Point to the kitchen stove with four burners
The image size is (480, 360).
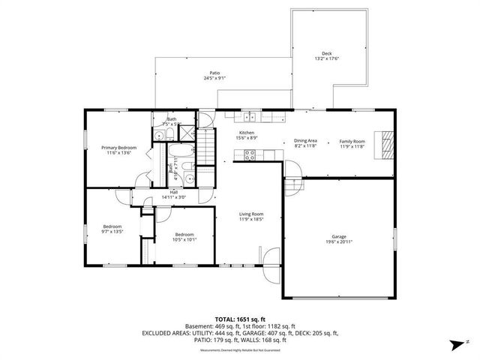[250, 154]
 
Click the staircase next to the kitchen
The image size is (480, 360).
[207, 145]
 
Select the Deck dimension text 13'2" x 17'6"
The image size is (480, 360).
[326, 60]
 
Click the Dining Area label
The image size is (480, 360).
[305, 140]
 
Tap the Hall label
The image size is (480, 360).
[173, 192]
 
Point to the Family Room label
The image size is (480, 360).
[351, 140]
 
